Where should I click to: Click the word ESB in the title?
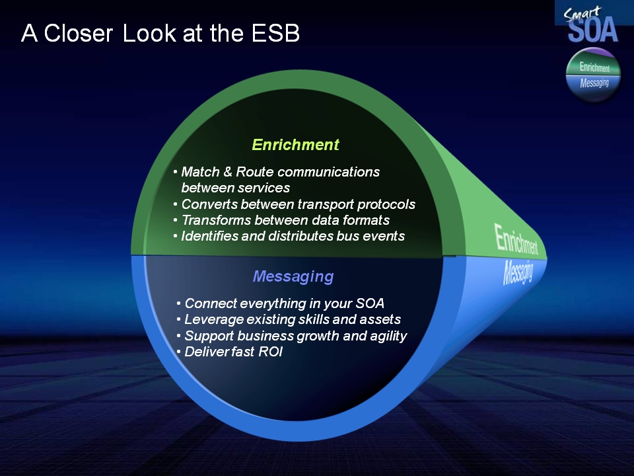point(275,33)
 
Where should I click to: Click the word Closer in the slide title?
point(78,33)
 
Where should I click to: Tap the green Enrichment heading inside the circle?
point(295,145)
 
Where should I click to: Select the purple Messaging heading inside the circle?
point(293,276)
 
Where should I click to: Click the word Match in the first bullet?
point(200,172)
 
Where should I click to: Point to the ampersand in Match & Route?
point(228,172)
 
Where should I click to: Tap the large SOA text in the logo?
point(593,30)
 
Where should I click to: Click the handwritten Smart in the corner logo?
point(582,14)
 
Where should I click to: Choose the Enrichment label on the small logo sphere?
point(594,67)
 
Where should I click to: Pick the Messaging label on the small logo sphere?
point(594,83)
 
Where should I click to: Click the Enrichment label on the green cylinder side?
point(516,239)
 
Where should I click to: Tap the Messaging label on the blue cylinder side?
point(518,272)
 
